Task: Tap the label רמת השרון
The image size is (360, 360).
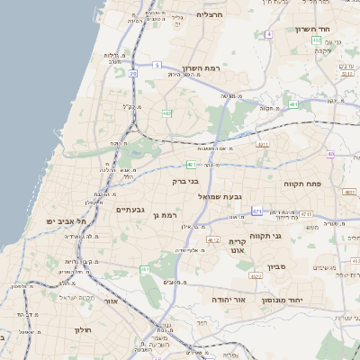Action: click(x=225, y=67)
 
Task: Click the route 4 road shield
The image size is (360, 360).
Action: click(x=268, y=34)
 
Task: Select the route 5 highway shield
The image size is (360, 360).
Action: click(x=156, y=65)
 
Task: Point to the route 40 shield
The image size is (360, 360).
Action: click(x=330, y=154)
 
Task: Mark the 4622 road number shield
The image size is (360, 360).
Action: click(x=256, y=275)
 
